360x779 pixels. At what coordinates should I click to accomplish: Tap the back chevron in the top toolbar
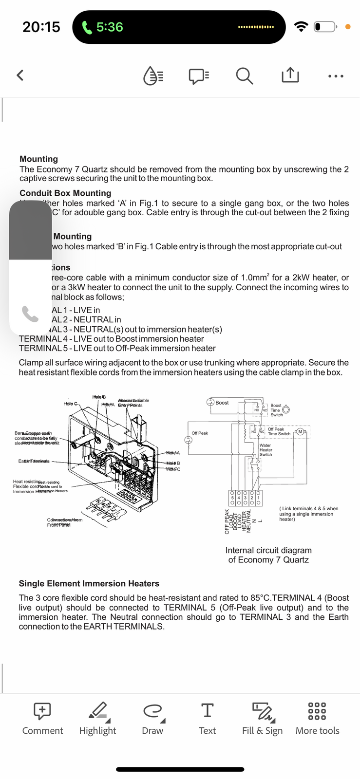[20, 75]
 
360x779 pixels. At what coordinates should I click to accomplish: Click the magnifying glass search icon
[244, 75]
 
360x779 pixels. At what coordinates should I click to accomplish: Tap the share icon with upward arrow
[290, 75]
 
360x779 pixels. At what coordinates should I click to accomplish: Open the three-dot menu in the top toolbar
[336, 76]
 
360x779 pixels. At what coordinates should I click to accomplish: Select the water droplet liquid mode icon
[153, 75]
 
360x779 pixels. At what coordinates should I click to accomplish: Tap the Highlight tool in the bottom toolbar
[98, 718]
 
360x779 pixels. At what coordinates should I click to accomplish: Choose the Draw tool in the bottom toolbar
[152, 718]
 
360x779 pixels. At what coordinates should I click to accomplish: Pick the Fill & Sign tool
[263, 718]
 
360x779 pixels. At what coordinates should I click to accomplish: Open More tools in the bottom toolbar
[317, 718]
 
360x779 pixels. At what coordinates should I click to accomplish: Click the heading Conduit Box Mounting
[65, 193]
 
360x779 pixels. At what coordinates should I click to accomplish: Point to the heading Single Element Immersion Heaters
[89, 583]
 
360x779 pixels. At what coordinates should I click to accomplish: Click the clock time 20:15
[41, 27]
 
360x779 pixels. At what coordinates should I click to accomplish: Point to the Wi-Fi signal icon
[302, 27]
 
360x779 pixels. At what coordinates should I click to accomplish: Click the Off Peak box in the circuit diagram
[200, 433]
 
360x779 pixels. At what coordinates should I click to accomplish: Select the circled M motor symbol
[301, 431]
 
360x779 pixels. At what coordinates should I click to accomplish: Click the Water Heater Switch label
[266, 450]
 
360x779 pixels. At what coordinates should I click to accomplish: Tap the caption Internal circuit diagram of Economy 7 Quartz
[268, 555]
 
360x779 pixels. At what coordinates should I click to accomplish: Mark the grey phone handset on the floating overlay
[30, 315]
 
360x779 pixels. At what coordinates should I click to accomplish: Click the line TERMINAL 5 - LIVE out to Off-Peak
[117, 348]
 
